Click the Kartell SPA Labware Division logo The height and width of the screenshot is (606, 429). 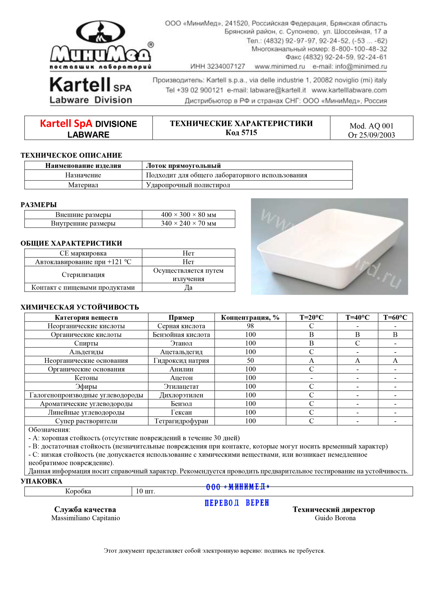(91, 90)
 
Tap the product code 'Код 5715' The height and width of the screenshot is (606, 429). (241, 133)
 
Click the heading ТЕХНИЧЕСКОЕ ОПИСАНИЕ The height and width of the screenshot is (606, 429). (71, 155)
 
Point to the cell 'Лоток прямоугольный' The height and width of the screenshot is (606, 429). (183, 166)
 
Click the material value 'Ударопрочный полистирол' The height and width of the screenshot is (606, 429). (188, 185)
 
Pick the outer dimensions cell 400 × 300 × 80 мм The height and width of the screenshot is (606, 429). (188, 215)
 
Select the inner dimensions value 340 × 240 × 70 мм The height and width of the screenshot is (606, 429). (188, 224)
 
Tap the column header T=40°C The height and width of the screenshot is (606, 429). (357, 317)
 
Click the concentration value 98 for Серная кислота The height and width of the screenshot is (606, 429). (250, 326)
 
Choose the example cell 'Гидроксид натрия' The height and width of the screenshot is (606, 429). (181, 361)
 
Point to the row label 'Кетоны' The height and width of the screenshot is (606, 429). (86, 378)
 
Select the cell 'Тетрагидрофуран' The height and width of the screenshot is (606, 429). (181, 421)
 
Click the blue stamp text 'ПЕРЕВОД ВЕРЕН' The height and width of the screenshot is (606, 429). (237, 503)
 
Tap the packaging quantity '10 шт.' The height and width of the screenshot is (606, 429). (146, 491)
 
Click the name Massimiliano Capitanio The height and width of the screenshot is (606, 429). (85, 518)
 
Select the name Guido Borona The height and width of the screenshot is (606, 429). (335, 518)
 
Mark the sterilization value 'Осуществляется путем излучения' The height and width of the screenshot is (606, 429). (188, 275)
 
